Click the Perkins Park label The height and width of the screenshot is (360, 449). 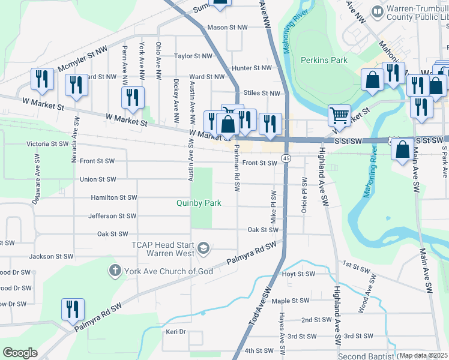[324, 60]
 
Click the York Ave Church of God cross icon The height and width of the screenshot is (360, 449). [115, 271]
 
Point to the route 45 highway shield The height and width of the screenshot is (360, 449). [286, 158]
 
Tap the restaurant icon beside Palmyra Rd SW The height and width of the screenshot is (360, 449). [73, 309]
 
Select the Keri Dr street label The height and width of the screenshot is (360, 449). [176, 332]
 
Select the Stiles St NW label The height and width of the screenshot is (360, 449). [262, 93]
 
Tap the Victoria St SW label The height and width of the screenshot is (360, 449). [47, 144]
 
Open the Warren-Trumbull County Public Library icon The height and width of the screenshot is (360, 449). [378, 11]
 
